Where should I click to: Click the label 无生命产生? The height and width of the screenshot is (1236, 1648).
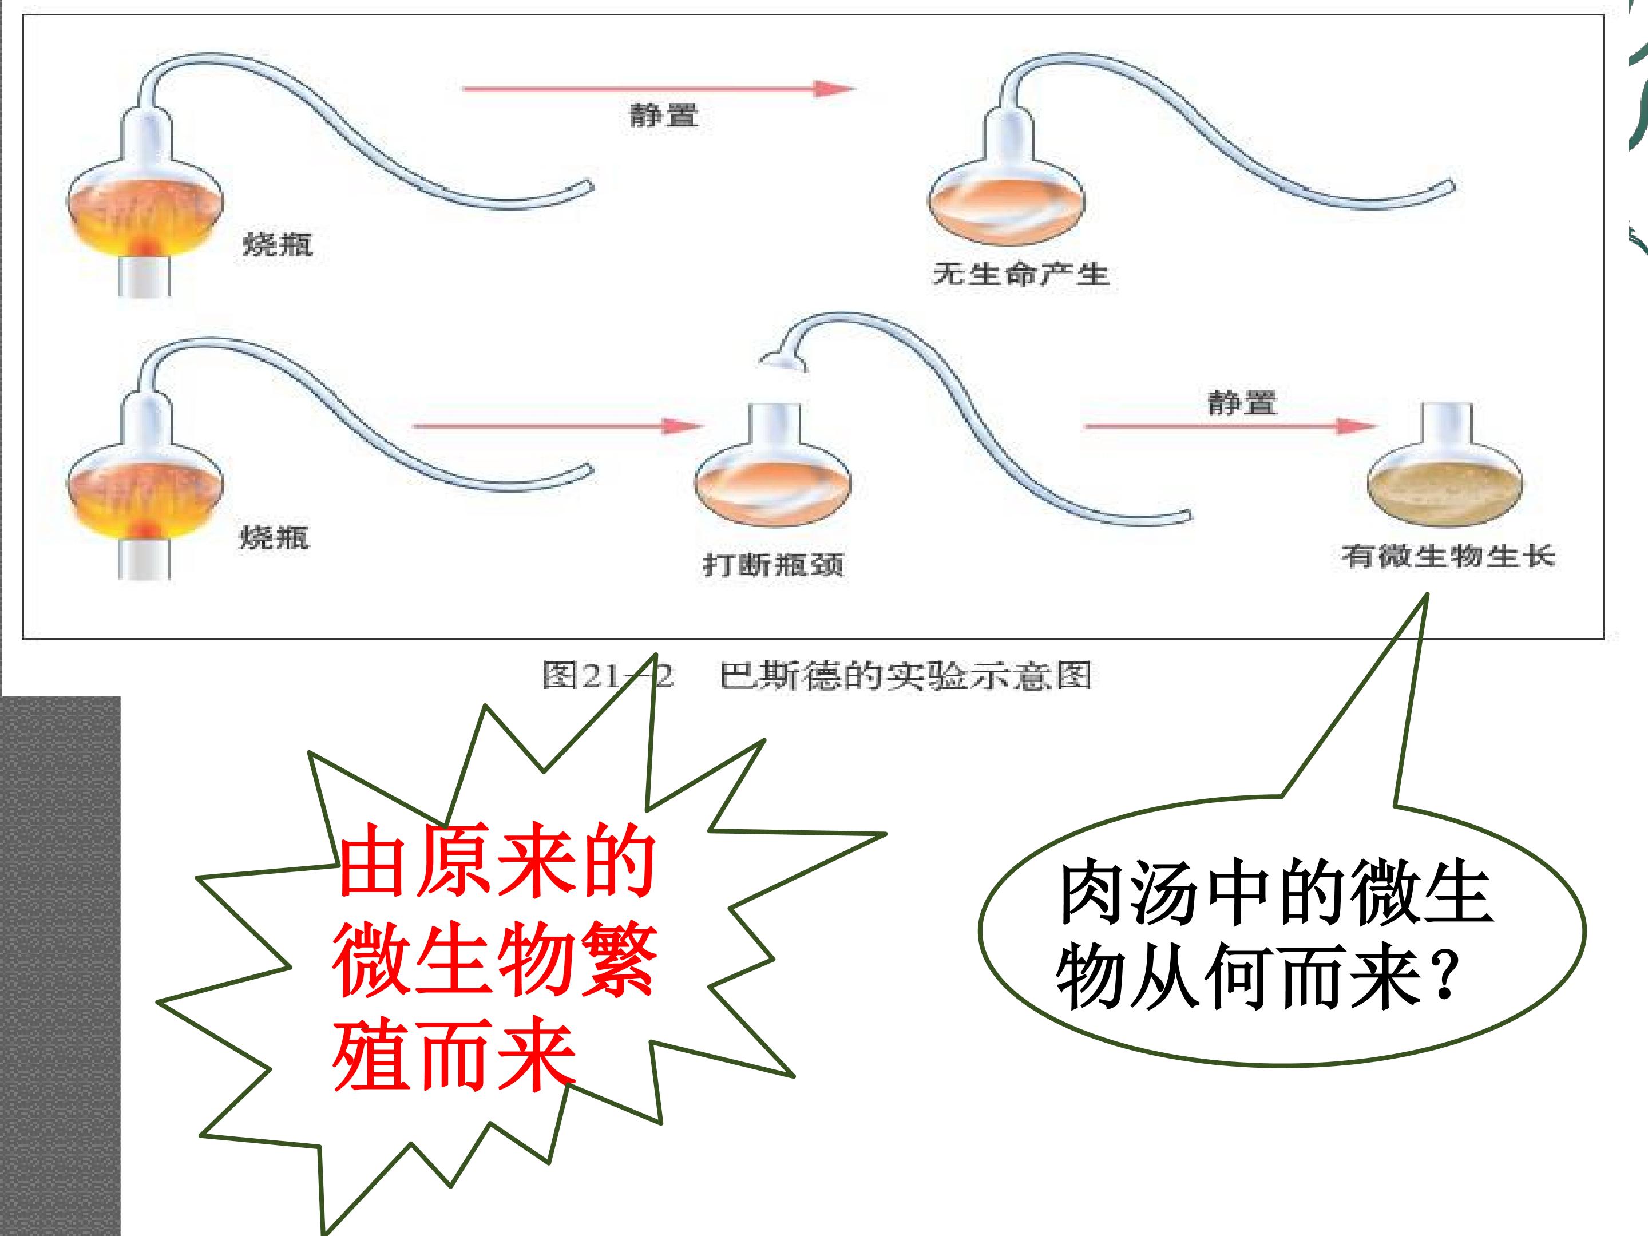(x=1021, y=274)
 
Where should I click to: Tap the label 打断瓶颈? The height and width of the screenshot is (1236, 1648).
(x=773, y=564)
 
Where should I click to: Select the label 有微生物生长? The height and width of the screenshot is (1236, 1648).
(x=1448, y=556)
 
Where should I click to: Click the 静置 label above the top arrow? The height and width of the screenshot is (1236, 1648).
(x=664, y=116)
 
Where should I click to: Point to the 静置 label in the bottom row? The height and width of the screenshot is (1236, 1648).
(x=1242, y=403)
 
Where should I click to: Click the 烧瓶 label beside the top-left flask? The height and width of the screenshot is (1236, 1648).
(x=277, y=244)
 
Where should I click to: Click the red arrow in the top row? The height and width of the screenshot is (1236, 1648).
(x=659, y=89)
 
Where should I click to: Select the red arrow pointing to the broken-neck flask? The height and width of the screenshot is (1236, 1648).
(x=558, y=426)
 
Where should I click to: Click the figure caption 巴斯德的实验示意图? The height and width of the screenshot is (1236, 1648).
(x=906, y=676)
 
